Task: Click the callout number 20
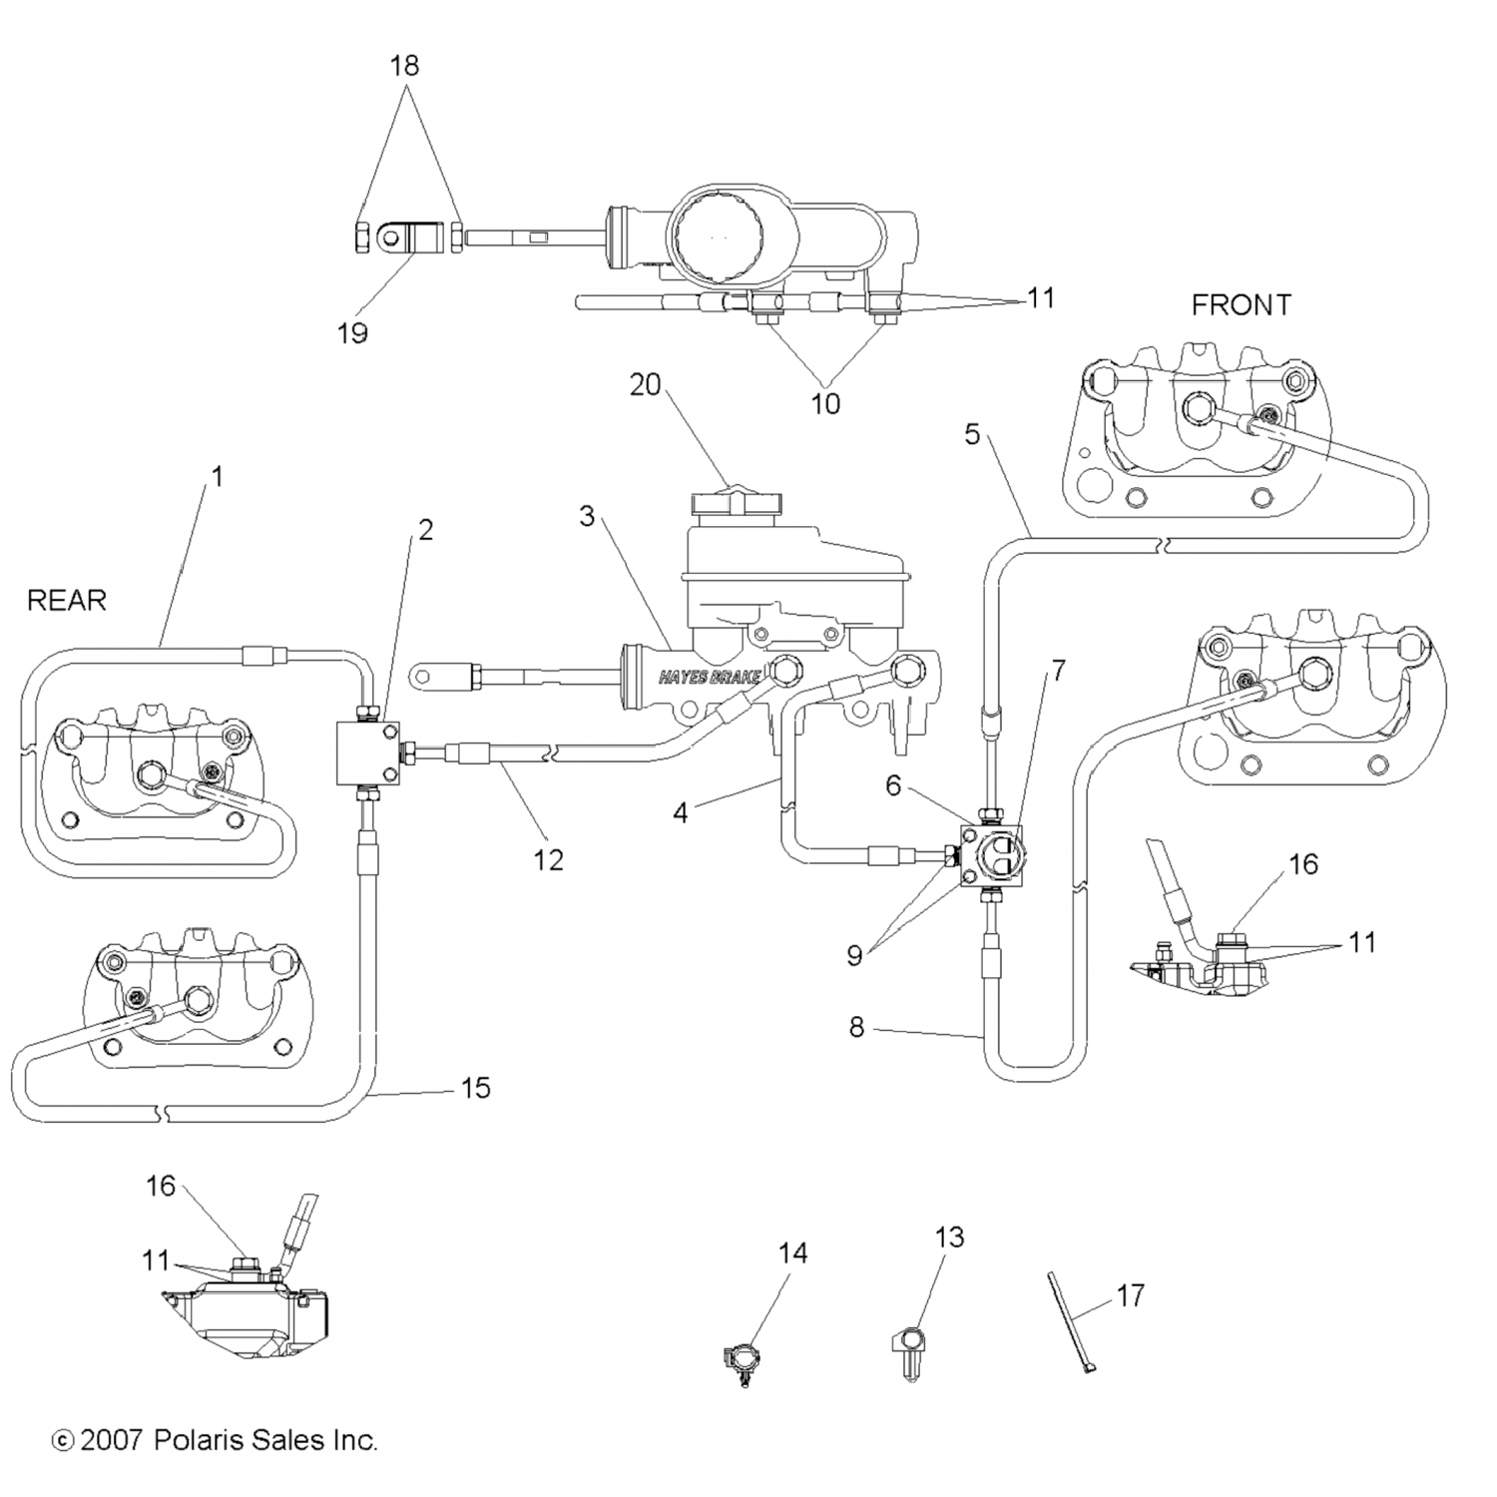coord(646,384)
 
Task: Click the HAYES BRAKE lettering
coord(710,678)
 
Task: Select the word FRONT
coord(1241,304)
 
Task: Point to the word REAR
coord(66,600)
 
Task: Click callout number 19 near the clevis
coord(352,332)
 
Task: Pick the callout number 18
coord(404,66)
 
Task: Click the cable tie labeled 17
coord(1070,1322)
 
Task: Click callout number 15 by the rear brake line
coord(476,1088)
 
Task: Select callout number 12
coord(548,859)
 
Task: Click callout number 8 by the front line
coord(856,1026)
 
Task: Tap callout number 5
coord(972,434)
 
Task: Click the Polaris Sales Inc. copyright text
coord(215,1439)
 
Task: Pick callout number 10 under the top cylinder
coord(825,403)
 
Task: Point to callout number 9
coord(854,955)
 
